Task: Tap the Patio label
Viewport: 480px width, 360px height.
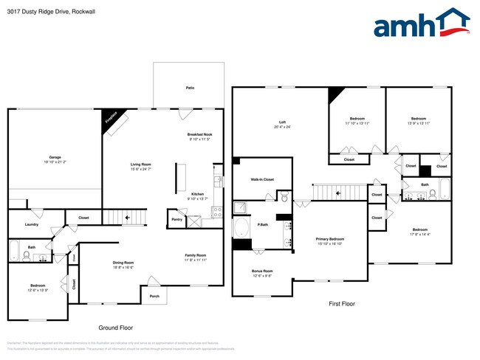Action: (190, 88)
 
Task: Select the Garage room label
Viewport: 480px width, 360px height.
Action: (55, 157)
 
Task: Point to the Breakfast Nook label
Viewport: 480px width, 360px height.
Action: (199, 134)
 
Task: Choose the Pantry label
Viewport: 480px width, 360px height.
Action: (176, 219)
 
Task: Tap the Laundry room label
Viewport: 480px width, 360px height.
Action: (31, 224)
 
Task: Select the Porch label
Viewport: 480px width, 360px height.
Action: (154, 297)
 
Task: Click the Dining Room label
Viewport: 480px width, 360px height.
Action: (123, 263)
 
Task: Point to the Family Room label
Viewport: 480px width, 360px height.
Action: (195, 255)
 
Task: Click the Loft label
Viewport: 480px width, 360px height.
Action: (282, 122)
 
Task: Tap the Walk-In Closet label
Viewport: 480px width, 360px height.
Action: (262, 179)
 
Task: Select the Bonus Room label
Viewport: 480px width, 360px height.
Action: (262, 271)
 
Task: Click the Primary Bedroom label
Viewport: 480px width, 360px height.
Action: (330, 239)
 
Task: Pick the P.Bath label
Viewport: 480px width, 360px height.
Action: (262, 224)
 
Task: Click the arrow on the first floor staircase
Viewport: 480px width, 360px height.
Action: (338, 193)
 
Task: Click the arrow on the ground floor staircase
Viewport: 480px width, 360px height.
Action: (127, 218)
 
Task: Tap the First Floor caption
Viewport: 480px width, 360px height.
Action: (342, 303)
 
